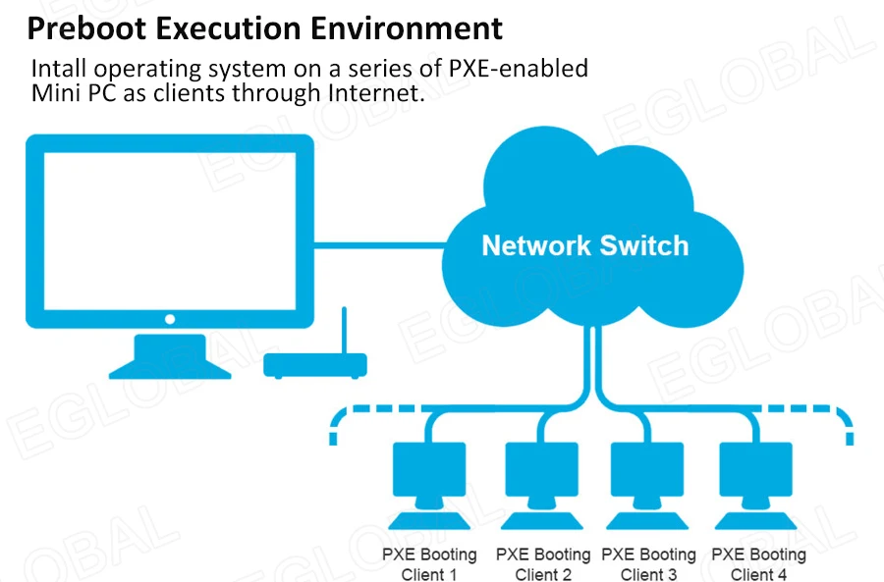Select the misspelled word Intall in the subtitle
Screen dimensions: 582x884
click(58, 70)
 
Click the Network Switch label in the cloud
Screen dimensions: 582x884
click(584, 245)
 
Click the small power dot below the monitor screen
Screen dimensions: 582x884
click(170, 319)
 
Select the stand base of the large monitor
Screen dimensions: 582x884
click(170, 368)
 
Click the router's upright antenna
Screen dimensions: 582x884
click(344, 331)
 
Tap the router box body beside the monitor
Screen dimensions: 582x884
click(315, 366)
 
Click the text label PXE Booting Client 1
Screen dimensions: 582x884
click(429, 564)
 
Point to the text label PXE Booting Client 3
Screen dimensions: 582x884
click(648, 564)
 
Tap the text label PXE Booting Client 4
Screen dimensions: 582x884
click(758, 564)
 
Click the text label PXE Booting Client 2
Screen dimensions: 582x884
click(542, 564)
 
